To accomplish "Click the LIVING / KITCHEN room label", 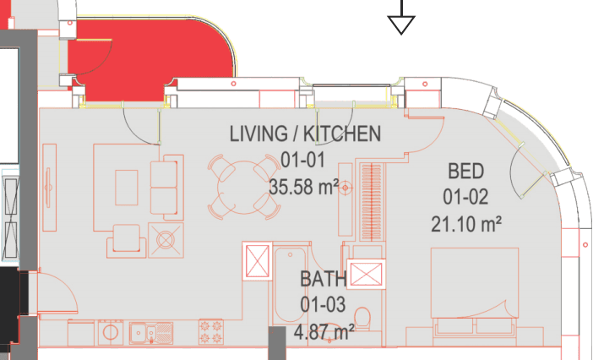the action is tap(305, 134).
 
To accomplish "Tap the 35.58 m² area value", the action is tap(303, 187).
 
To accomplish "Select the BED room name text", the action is tap(465, 172).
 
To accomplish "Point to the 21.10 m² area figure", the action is tap(466, 224).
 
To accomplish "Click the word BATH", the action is tap(324, 279).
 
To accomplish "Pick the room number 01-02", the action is tap(465, 197).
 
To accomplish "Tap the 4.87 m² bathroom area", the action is tap(324, 332).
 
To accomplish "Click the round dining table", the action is tap(244, 188).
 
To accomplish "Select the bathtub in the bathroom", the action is tap(290, 285).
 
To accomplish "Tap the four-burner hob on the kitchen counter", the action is tap(211, 331).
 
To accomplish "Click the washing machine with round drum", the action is tap(111, 332).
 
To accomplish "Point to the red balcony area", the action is tap(150, 57).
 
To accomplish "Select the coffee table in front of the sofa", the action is tap(127, 188).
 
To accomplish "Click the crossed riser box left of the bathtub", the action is tap(258, 261).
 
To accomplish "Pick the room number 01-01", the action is tap(302, 160).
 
